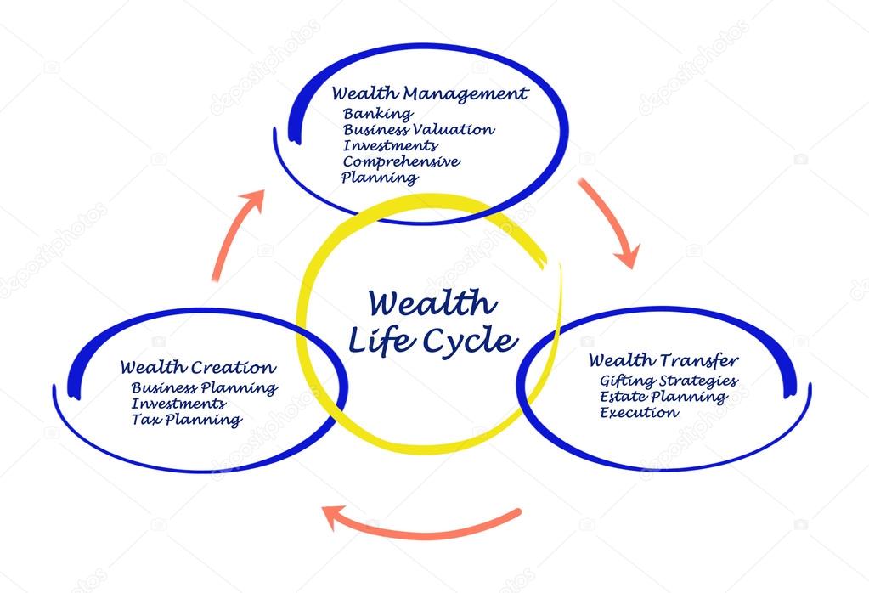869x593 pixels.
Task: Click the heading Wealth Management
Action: pos(429,93)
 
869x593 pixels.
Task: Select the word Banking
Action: pos(378,113)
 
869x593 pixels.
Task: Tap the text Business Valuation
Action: pos(418,130)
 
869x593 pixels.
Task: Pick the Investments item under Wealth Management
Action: pos(391,145)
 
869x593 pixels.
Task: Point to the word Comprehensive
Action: pos(402,161)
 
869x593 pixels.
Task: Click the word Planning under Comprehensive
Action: pos(380,178)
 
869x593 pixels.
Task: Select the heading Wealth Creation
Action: pos(197,369)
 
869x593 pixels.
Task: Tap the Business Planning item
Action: pos(204,388)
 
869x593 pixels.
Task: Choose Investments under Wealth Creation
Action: pos(178,404)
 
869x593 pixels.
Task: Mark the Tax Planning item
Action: pos(186,420)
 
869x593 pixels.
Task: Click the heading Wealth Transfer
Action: pos(663,361)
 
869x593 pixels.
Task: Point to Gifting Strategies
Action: pos(668,381)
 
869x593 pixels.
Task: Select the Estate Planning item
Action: pos(663,397)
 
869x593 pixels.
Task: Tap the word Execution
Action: pos(639,413)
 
